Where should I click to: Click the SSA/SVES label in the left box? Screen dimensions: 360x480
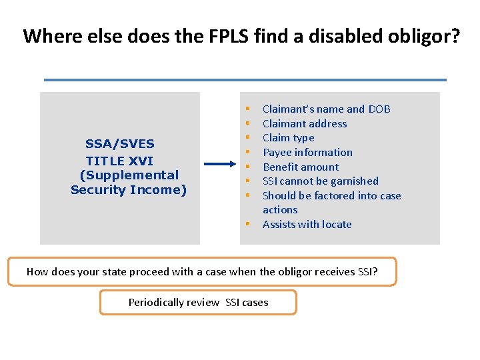tap(119, 143)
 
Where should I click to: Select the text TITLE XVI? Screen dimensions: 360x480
tap(119, 161)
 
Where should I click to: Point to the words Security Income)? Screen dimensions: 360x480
tap(129, 190)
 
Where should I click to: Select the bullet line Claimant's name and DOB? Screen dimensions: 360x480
tap(326, 109)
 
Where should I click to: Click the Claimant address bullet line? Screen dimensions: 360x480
tap(305, 123)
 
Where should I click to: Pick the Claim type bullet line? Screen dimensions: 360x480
tap(288, 138)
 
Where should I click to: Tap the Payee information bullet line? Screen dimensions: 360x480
tap(307, 152)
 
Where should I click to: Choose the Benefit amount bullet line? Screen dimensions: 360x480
tap(301, 167)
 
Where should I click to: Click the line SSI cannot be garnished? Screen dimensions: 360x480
tap(320, 181)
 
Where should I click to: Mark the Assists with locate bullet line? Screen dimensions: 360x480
tap(307, 224)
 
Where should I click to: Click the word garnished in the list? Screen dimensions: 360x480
tap(356, 181)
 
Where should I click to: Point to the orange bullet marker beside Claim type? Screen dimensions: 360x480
tap(247, 138)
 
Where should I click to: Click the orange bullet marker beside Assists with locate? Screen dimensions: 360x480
tap(247, 225)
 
